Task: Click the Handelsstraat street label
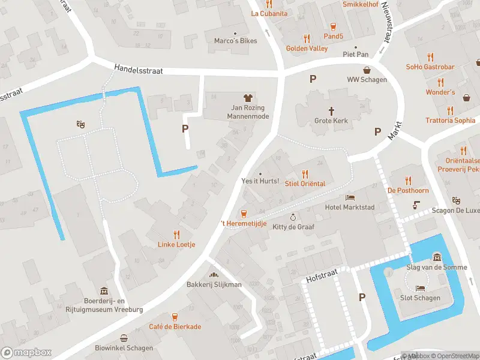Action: pos(139,71)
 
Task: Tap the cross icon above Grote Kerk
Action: pos(331,110)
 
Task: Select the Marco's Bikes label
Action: pos(236,41)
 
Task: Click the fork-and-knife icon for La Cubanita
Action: pos(269,4)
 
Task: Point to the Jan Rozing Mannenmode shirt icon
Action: pos(247,98)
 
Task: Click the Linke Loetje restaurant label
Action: pos(176,244)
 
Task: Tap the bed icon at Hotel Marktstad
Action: pos(349,197)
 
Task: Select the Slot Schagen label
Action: pos(420,298)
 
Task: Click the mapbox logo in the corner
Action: pos(26,353)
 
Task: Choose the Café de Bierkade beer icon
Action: pos(175,316)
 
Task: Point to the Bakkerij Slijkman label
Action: pos(214,284)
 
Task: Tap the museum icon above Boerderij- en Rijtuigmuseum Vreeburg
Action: pos(104,290)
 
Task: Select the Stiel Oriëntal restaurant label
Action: pos(305,184)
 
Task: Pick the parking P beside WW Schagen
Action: pos(313,79)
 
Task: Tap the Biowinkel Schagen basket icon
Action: pos(124,338)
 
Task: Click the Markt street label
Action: pos(394,130)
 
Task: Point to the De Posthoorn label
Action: pos(408,190)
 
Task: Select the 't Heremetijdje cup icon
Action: pos(244,213)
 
